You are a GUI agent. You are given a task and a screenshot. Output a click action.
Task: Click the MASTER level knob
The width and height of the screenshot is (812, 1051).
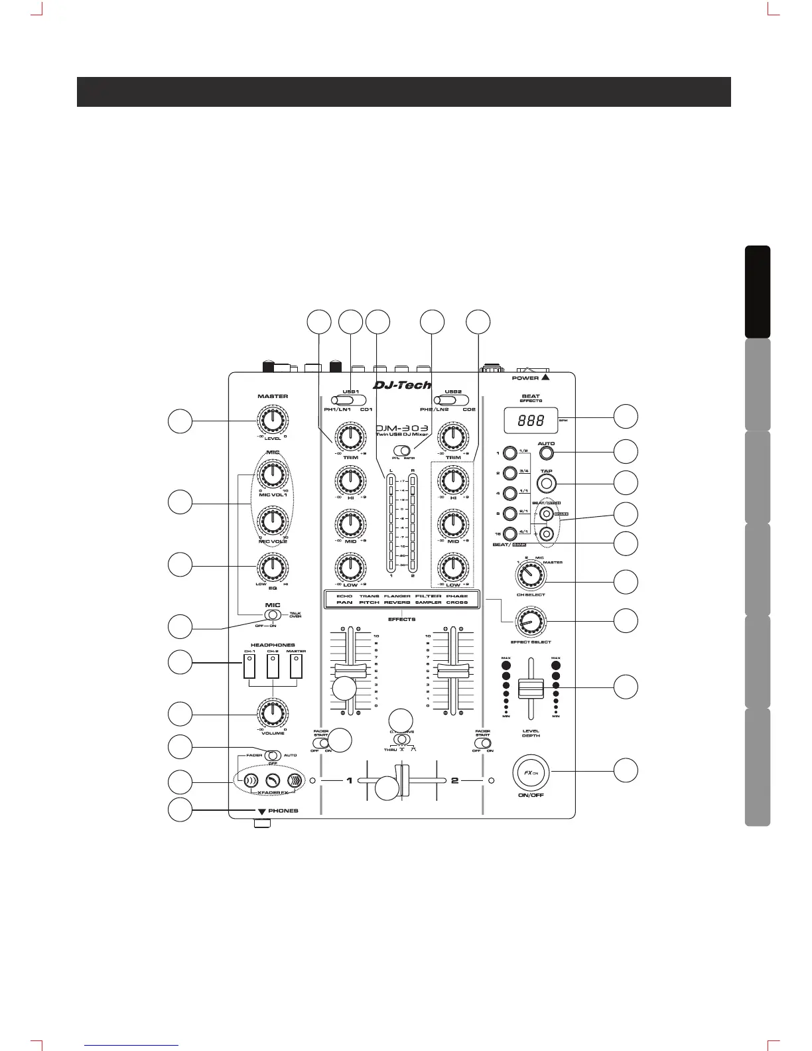272,419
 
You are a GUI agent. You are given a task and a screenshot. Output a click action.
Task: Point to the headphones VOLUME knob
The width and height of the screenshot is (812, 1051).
272,713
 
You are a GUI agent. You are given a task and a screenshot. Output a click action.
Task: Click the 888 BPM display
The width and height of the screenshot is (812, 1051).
531,420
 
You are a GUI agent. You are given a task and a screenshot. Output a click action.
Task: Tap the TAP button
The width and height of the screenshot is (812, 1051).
546,482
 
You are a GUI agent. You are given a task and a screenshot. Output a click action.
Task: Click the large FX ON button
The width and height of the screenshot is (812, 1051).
531,772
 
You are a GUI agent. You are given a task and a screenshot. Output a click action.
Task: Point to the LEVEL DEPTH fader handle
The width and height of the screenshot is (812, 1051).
531,688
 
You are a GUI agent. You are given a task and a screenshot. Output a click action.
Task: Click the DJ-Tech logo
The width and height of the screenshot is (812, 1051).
402,385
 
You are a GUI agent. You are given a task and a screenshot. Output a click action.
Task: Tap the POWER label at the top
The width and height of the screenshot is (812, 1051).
525,378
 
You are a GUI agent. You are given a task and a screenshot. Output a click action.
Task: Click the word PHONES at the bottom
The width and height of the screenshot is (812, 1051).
283,811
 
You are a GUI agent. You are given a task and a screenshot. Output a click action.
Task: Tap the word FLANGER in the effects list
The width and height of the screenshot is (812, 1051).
397,596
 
